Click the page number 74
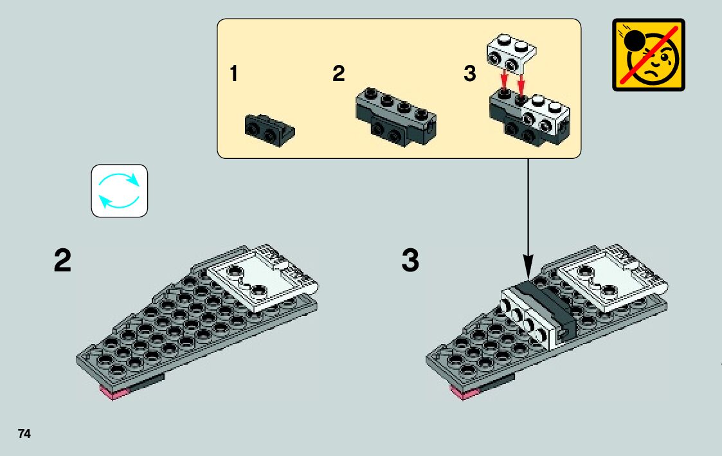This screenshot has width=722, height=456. pos(24,433)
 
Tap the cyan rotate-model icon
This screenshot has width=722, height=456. pos(119,190)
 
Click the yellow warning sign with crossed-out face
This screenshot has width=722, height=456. pos(648,55)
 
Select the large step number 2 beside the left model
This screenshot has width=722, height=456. pos(62,262)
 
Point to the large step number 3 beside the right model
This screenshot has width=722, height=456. pos(410,262)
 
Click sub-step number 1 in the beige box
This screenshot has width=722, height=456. pos(233,75)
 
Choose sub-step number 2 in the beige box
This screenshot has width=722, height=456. pos(338,75)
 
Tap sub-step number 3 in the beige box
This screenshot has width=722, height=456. pos(470,75)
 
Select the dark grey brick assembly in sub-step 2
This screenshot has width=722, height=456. pos(395,116)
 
